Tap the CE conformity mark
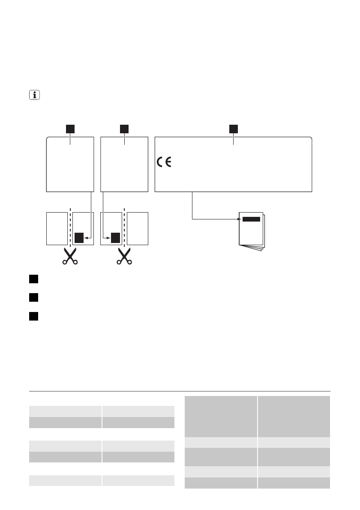pyautogui.click(x=163, y=162)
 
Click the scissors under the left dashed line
pyautogui.click(x=69, y=256)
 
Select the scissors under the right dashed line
pyautogui.click(x=124, y=256)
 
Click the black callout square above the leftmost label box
pyautogui.click(x=70, y=129)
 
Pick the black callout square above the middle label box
pyautogui.click(x=124, y=129)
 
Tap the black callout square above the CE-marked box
pyautogui.click(x=233, y=129)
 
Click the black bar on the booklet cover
pyautogui.click(x=251, y=219)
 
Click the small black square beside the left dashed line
pyautogui.click(x=79, y=237)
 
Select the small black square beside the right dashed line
pyautogui.click(x=115, y=237)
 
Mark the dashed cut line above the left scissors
pyautogui.click(x=69, y=227)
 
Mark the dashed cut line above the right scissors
pyautogui.click(x=124, y=227)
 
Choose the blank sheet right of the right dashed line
pyautogui.click(x=138, y=228)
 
